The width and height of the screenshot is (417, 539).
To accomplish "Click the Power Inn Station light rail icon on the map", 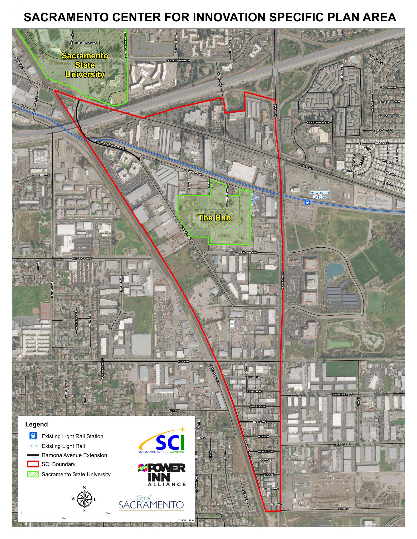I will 307,202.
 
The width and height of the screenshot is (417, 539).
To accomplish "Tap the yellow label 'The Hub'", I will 215,218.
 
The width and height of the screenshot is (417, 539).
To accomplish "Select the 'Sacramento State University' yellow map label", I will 85,65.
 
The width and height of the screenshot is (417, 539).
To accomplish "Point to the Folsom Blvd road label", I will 306,166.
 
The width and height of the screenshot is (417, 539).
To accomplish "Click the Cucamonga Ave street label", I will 246,252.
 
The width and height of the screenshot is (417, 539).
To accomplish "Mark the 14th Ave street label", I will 183,361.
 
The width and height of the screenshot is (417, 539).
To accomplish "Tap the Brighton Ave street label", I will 193,172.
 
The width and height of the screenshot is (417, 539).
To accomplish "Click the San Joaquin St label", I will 82,259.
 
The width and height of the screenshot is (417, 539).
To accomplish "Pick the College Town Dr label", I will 178,61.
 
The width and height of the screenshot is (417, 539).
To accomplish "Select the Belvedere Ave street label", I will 342,394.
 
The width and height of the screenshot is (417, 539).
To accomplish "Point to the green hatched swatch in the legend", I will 33,474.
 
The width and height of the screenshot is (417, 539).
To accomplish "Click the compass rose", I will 85,499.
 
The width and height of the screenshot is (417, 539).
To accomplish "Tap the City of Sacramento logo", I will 151,503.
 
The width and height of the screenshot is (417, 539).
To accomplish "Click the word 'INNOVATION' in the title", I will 229,17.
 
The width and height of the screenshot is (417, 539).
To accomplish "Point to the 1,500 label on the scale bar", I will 107,513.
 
